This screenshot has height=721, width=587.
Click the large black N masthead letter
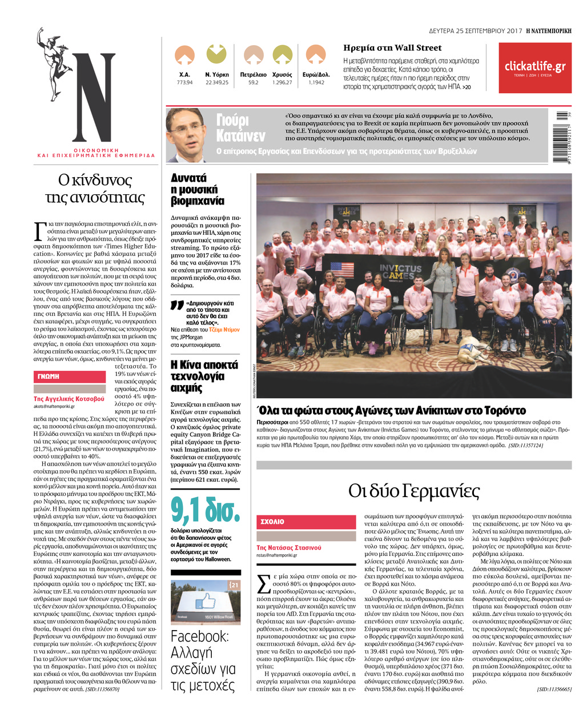pyautogui.click(x=94, y=97)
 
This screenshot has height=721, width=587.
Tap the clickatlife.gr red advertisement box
pyautogui.click(x=534, y=68)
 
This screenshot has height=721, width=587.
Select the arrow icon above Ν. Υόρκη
pyautogui.click(x=216, y=54)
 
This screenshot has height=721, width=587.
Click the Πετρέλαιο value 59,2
pyautogui.click(x=253, y=83)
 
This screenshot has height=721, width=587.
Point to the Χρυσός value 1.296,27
pyautogui.click(x=282, y=83)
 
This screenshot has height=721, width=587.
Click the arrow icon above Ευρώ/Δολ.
pyautogui.click(x=316, y=54)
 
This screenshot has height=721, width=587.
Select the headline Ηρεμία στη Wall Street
pyautogui.click(x=392, y=48)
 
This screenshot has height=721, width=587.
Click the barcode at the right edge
pyautogui.click(x=562, y=136)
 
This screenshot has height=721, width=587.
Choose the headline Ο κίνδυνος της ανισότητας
pyautogui.click(x=95, y=189)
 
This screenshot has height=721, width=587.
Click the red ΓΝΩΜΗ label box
pyautogui.click(x=69, y=376)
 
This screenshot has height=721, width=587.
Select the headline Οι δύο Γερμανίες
pyautogui.click(x=414, y=491)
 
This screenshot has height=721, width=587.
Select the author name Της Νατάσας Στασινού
pyautogui.click(x=289, y=547)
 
